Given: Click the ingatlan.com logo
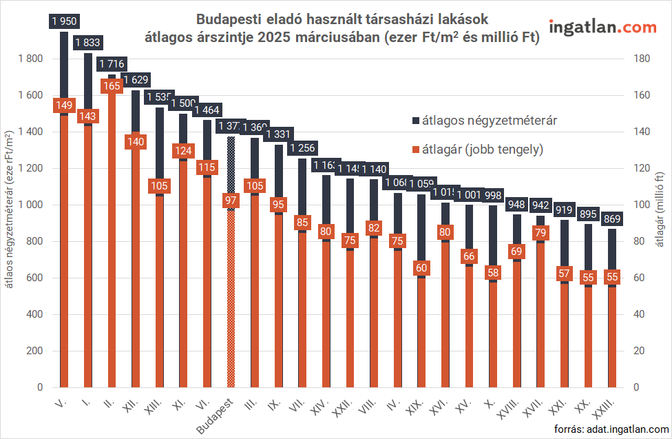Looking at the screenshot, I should point(602,28).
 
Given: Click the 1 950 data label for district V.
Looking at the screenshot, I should point(64,21).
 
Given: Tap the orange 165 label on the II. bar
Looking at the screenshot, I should point(112,86).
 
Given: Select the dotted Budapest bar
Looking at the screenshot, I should point(231,276).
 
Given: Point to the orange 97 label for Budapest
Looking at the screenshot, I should point(231,201).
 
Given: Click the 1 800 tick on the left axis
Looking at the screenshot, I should point(31,59).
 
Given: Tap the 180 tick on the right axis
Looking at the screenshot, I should point(641,59).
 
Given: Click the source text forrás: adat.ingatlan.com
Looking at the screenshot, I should point(611,429).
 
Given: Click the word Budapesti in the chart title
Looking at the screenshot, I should point(227,19).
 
